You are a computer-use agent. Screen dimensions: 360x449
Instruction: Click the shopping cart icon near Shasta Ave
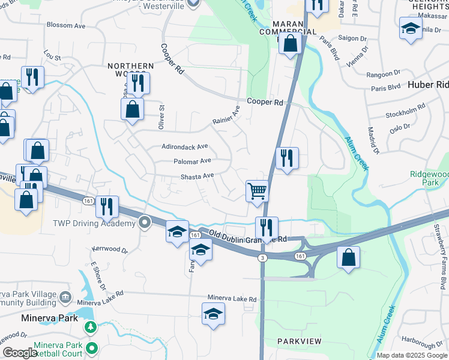coord(257,191)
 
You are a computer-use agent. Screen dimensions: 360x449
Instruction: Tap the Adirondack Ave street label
coord(185,146)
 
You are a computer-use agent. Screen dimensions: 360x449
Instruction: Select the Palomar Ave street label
coord(192,161)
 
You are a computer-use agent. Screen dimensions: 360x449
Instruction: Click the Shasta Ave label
coord(197,176)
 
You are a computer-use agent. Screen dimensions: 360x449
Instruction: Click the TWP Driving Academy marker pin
coord(144,223)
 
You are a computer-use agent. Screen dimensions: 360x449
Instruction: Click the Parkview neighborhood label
coord(300,341)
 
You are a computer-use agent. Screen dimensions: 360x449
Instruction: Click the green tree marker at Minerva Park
coord(90,328)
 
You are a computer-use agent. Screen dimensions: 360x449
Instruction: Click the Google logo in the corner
coord(19,353)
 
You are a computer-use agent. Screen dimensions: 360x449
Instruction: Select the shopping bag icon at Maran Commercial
coord(290,43)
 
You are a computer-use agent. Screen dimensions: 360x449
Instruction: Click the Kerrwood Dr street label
coord(109,248)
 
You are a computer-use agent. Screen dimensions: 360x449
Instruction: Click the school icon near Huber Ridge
coord(411,28)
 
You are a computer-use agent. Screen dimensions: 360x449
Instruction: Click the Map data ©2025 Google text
coord(411,355)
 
